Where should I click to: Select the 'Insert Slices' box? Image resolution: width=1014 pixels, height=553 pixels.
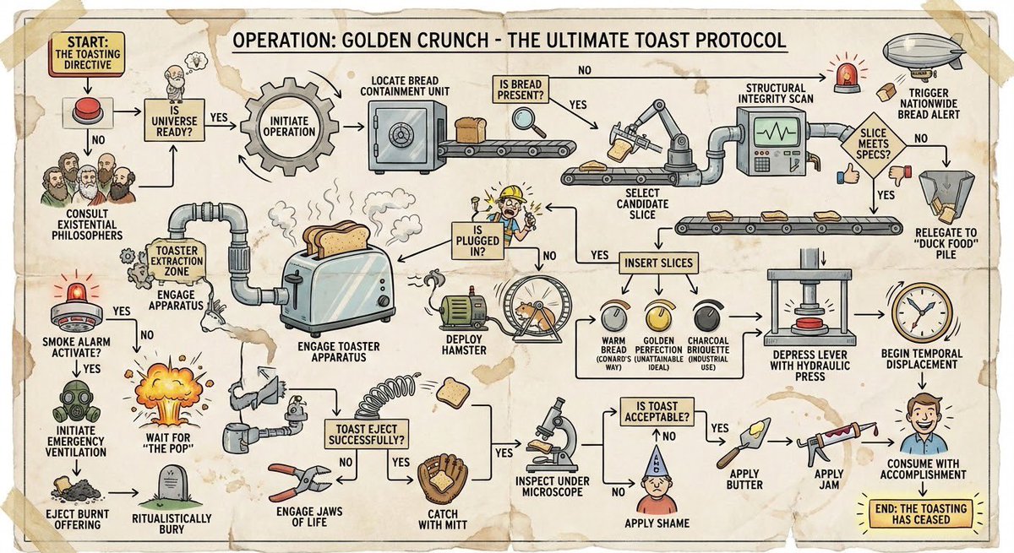pos(657,263)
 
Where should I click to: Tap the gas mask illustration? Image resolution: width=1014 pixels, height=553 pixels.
pos(76,402)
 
